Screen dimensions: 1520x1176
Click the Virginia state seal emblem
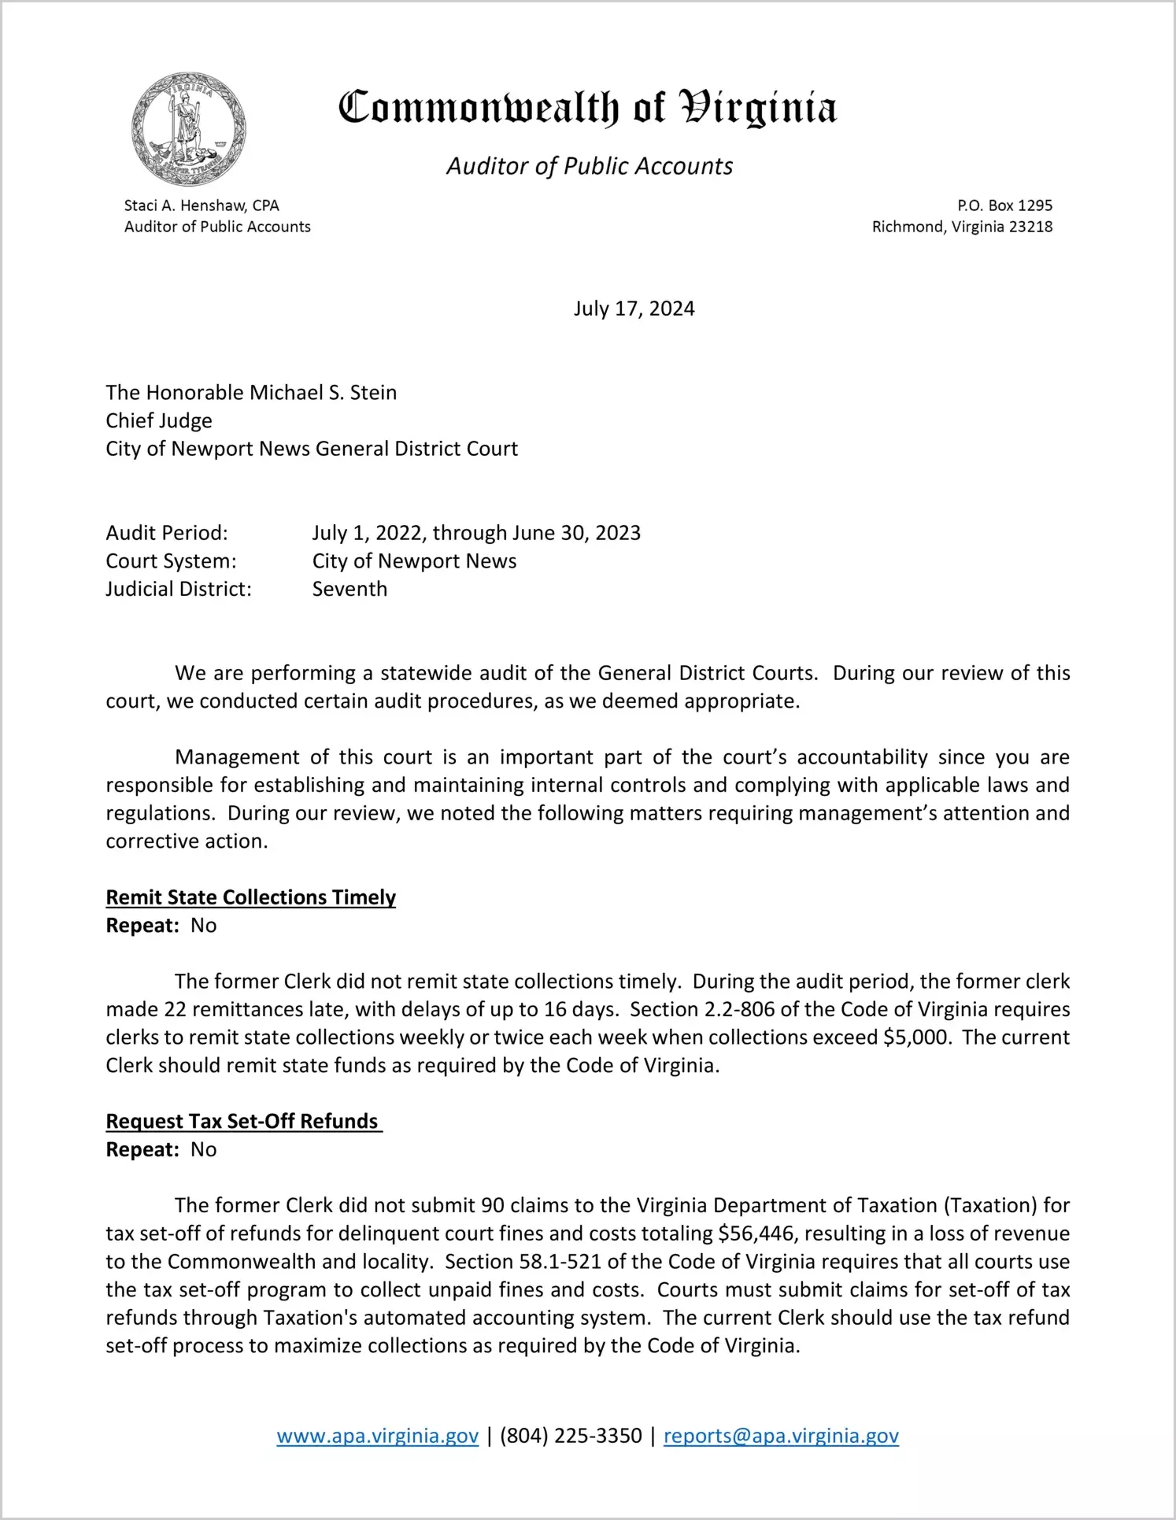pos(189,129)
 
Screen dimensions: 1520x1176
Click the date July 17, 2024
pos(634,309)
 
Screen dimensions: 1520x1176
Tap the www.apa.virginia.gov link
pos(377,1436)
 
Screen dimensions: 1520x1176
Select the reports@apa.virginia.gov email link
pos(781,1436)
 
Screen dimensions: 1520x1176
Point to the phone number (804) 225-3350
pos(571,1436)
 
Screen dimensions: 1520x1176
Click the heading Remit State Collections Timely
pos(250,897)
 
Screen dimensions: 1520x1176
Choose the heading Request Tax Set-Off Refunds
pos(242,1121)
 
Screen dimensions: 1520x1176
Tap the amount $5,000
pos(916,1037)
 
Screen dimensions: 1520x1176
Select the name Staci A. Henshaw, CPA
pos(202,205)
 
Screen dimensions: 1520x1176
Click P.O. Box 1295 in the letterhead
pos(1004,205)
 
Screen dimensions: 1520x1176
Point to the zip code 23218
pos(1030,227)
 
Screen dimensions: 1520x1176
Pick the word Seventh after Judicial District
pos(349,589)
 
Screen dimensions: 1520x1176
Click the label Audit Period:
pos(167,533)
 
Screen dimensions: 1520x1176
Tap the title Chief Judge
pos(159,420)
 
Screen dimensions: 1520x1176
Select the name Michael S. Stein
pos(323,393)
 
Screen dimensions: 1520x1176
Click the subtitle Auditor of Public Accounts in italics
pos(590,166)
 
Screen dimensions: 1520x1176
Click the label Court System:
pos(171,561)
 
